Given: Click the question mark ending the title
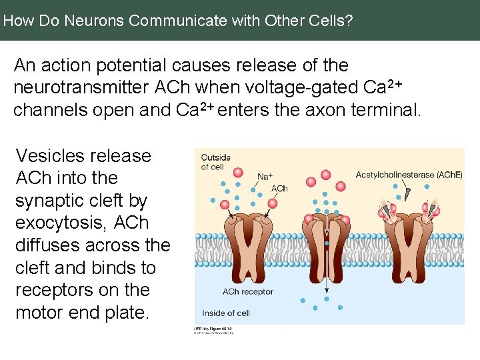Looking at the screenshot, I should tap(349, 21).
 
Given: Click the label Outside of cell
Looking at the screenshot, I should tap(215, 162).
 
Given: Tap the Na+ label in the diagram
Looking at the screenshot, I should tap(265, 177).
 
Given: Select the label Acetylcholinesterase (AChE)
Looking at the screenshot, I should tap(409, 175).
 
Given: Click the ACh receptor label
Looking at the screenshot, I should tap(247, 291).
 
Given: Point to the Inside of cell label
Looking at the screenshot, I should tap(225, 313).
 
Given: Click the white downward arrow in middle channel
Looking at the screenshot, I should tap(326, 230).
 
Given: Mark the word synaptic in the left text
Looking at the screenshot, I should tap(53, 200).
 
